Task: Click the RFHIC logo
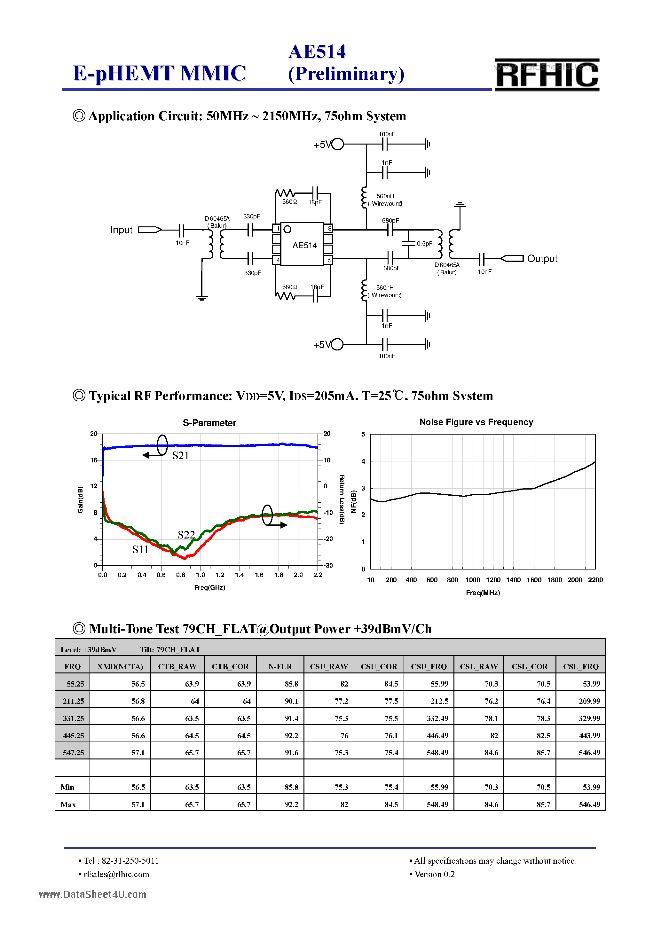coord(547,75)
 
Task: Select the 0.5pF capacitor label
coord(424,244)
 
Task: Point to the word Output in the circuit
coord(542,259)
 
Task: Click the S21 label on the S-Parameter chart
coord(180,456)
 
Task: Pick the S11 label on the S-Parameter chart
coord(140,550)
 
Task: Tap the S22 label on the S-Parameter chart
coord(186,535)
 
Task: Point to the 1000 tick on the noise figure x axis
coord(472,580)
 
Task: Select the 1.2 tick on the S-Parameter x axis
coord(220,575)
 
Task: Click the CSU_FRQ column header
coord(429,667)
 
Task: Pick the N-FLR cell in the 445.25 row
coord(291,735)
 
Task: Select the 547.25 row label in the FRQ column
coord(73,752)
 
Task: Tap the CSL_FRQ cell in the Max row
coord(589,804)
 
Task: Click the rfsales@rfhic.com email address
coord(116,874)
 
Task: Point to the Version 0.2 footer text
coord(434,874)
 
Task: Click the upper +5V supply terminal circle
coord(338,144)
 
